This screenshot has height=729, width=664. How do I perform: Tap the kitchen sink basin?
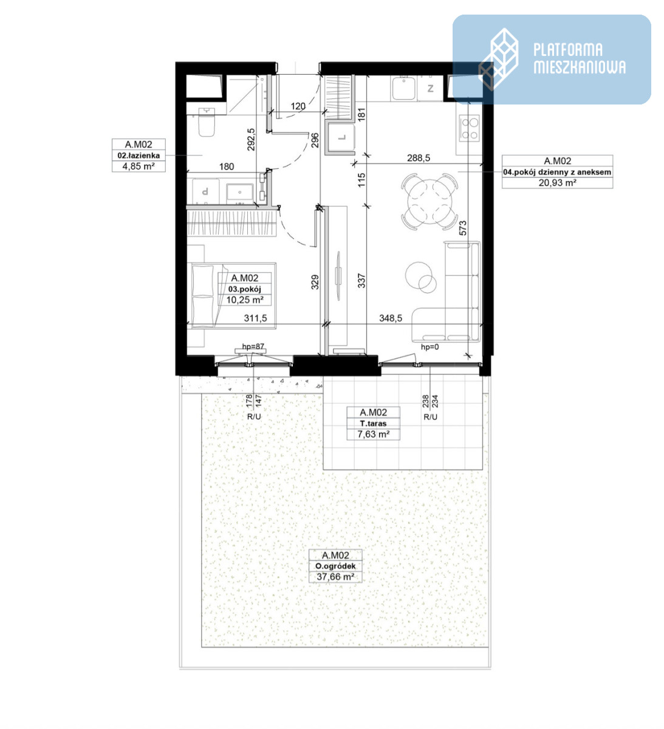pyautogui.click(x=403, y=89)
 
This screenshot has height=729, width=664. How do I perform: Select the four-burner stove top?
pyautogui.click(x=469, y=128)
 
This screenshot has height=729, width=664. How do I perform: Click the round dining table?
pyautogui.click(x=430, y=202)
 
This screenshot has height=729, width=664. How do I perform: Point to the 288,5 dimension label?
pyautogui.click(x=419, y=158)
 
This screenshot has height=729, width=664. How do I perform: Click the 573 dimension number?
pyautogui.click(x=463, y=228)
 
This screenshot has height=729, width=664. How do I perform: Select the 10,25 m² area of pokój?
pyautogui.click(x=245, y=300)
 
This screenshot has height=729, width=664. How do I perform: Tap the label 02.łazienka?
pyautogui.click(x=139, y=156)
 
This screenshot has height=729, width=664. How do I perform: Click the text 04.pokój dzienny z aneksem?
pyautogui.click(x=557, y=173)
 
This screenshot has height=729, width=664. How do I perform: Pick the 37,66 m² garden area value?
pyautogui.click(x=335, y=577)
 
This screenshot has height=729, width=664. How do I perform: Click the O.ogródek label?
pyautogui.click(x=335, y=566)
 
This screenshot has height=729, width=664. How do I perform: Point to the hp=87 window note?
pyautogui.click(x=253, y=346)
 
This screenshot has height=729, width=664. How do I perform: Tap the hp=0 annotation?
pyautogui.click(x=430, y=347)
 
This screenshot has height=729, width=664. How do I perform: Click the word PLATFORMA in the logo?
pyautogui.click(x=567, y=50)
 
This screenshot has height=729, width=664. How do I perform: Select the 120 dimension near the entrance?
pyautogui.click(x=298, y=106)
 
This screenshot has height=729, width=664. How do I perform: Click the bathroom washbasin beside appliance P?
pyautogui.click(x=240, y=193)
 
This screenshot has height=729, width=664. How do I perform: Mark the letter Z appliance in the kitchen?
pyautogui.click(x=431, y=88)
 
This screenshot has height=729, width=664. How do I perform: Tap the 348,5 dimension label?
pyautogui.click(x=391, y=318)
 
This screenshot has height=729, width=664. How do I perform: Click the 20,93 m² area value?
pyautogui.click(x=557, y=183)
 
